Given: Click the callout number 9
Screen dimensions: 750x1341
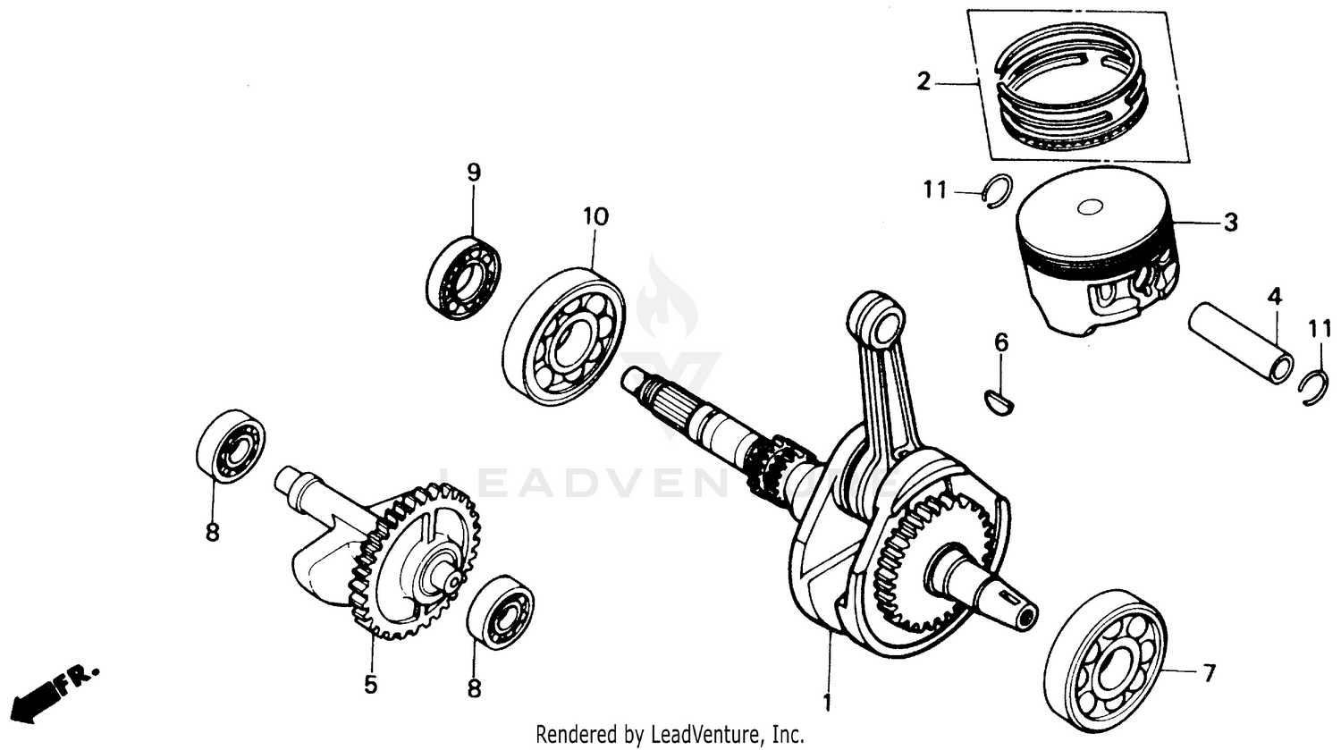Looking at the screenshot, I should pyautogui.click(x=474, y=171).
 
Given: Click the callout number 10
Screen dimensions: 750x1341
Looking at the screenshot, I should pyautogui.click(x=595, y=216).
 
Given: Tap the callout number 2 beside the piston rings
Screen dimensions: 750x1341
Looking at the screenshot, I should pyautogui.click(x=924, y=83).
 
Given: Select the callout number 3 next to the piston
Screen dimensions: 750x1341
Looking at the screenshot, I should pyautogui.click(x=1231, y=223).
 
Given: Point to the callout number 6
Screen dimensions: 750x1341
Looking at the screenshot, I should pyautogui.click(x=1001, y=342).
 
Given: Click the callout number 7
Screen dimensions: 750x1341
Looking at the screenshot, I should pyautogui.click(x=1209, y=672).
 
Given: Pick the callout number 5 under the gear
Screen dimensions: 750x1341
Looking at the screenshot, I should pyautogui.click(x=370, y=685).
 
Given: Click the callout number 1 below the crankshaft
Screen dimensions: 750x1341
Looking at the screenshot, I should pyautogui.click(x=827, y=703).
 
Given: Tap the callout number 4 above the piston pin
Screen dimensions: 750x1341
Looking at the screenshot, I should pyautogui.click(x=1273, y=294).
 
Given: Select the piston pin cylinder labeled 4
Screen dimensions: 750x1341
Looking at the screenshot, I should pyautogui.click(x=1240, y=343).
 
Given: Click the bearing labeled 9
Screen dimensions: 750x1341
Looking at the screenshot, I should pyautogui.click(x=463, y=278).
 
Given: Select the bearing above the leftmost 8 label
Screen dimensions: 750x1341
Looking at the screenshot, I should pyautogui.click(x=232, y=447).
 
